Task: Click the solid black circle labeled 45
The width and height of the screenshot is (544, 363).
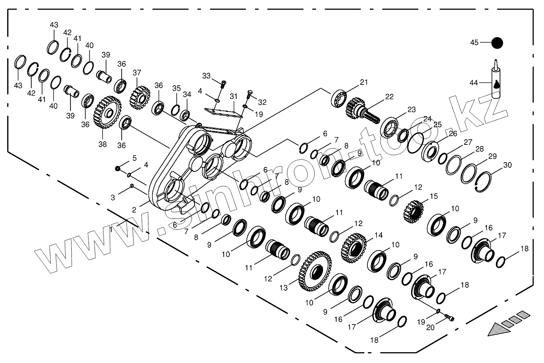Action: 497,43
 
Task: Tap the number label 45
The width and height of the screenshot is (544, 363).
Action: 474,43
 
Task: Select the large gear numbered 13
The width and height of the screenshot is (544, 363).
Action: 315,271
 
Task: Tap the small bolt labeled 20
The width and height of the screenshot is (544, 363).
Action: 450,318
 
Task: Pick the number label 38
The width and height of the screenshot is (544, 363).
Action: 102,144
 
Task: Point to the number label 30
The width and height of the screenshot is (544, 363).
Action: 507,165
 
